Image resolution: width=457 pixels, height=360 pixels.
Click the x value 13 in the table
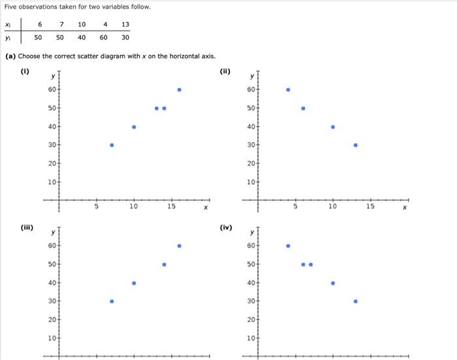(x=125, y=24)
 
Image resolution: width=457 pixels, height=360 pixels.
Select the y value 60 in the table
(x=103, y=37)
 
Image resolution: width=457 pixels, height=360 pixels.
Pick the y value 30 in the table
(x=125, y=37)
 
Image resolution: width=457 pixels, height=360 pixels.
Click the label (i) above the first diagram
(x=25, y=72)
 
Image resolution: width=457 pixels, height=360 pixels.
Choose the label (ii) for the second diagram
(x=225, y=72)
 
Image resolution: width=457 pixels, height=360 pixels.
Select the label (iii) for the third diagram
(x=27, y=228)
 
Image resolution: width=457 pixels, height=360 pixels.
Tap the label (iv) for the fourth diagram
(x=226, y=228)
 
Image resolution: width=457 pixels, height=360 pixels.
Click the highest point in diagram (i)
(x=179, y=90)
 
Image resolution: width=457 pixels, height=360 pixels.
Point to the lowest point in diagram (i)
(x=112, y=145)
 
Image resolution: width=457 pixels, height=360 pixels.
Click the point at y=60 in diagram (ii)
(x=288, y=90)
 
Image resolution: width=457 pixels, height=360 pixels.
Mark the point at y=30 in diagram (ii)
(x=355, y=145)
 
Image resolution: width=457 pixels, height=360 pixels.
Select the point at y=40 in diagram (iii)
(x=134, y=283)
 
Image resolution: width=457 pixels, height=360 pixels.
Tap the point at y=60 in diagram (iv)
(x=288, y=246)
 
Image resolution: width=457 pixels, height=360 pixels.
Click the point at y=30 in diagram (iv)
(x=355, y=301)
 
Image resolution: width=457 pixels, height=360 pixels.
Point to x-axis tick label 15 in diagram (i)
(x=171, y=207)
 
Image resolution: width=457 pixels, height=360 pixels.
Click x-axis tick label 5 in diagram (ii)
(x=295, y=207)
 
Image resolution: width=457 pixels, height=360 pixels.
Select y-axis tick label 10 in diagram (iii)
(x=52, y=338)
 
